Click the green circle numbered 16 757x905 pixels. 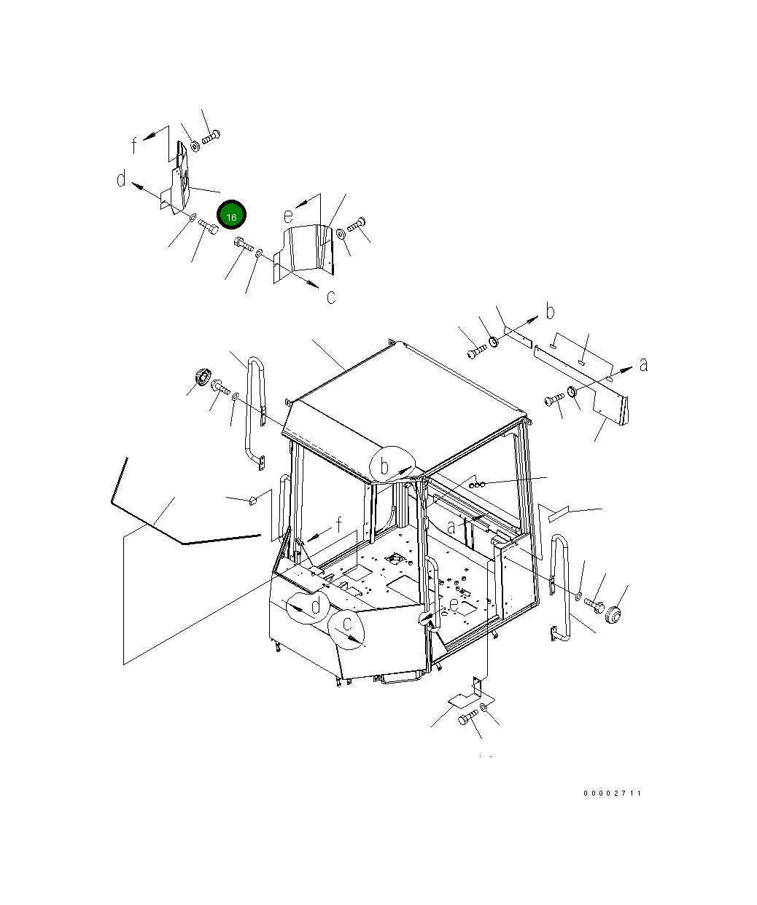coord(231,215)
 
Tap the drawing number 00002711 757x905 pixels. coord(612,794)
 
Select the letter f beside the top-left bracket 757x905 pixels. coord(134,145)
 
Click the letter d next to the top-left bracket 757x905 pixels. coord(122,179)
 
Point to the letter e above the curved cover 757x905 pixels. coord(289,216)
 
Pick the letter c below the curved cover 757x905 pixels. coord(331,297)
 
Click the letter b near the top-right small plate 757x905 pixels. coord(550,311)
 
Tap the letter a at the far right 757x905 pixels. coord(644,364)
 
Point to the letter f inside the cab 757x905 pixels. coord(339,525)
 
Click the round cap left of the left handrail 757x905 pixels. coord(203,376)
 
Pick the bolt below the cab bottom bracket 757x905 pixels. coord(468,718)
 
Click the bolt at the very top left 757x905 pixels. coord(211,136)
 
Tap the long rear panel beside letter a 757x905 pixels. coord(581,383)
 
